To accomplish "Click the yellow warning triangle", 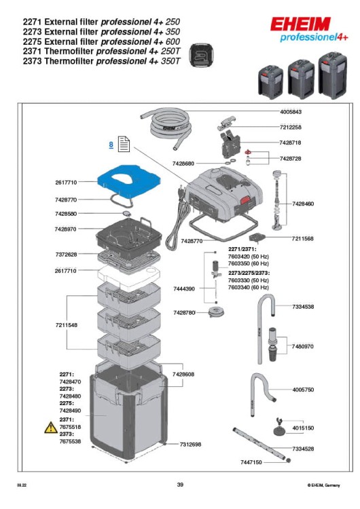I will coord(50,427).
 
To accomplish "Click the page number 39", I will coord(180,485).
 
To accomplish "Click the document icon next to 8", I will coord(124,145).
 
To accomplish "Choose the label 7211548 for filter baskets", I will coord(67,325).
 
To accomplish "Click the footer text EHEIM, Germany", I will coord(323,485).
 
